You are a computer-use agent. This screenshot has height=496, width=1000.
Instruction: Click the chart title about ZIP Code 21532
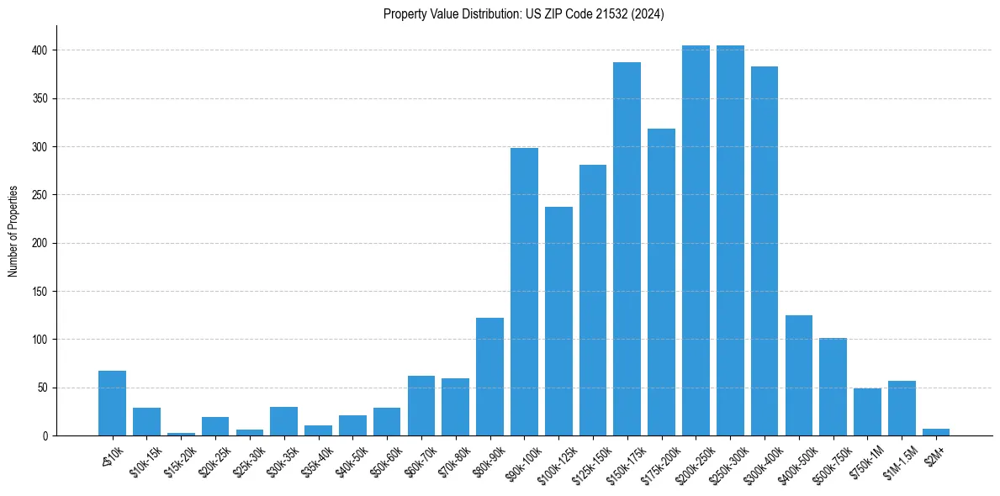coord(524,14)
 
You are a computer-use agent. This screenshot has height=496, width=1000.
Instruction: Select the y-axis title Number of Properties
coord(13,231)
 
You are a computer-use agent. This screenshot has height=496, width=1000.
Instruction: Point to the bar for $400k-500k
coord(799,375)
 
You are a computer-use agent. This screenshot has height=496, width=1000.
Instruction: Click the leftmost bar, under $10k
coord(112,404)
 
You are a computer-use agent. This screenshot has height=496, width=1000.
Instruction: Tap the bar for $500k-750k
coord(833,387)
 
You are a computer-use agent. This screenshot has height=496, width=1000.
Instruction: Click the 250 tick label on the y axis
coord(42,195)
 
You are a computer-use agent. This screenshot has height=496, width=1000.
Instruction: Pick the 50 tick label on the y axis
coord(45,388)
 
